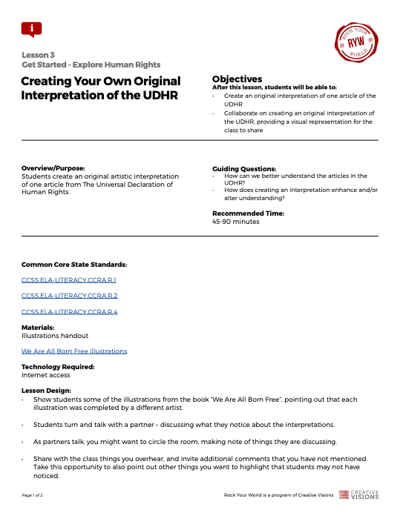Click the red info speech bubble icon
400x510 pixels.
pos(32,29)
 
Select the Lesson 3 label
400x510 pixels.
pos(38,55)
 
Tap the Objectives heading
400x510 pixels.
pos(237,79)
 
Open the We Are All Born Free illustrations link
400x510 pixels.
pos(74,351)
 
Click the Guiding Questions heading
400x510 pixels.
pos(244,168)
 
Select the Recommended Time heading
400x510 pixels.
pos(248,213)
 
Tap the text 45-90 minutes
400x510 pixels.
pos(236,222)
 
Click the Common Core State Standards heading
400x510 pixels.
pos(74,264)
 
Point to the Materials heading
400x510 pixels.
pos(38,328)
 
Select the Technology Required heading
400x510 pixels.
pos(58,367)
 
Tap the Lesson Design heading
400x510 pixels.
pos(46,391)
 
